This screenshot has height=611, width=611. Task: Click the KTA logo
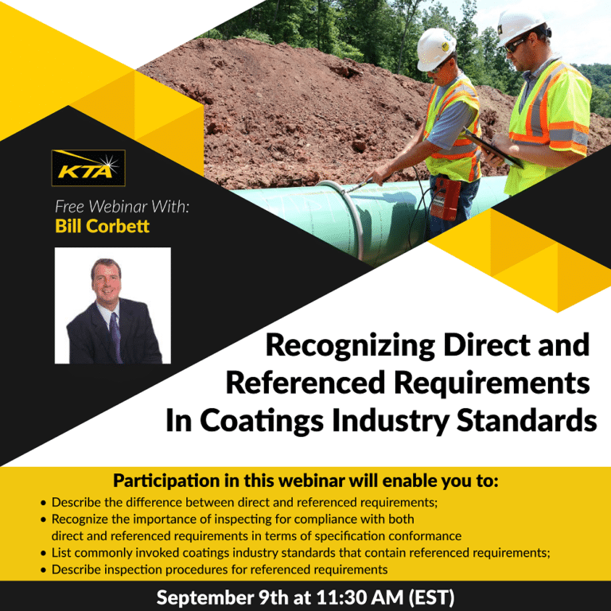pyautogui.click(x=88, y=168)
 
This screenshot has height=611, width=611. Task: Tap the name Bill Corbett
pyautogui.click(x=102, y=226)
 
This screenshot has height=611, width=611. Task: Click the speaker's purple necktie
pyautogui.click(x=115, y=337)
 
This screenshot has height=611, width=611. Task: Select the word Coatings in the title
pyautogui.click(x=262, y=421)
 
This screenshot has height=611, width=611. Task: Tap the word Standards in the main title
pyautogui.click(x=527, y=420)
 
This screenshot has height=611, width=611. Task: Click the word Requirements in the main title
pyautogui.click(x=492, y=383)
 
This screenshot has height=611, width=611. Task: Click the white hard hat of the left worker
pyautogui.click(x=436, y=49)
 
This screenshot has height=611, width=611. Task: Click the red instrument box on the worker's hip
pyautogui.click(x=446, y=198)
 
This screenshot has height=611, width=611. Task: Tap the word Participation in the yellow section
pyautogui.click(x=167, y=481)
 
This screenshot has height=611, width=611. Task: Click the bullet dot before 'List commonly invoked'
pyautogui.click(x=43, y=554)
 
